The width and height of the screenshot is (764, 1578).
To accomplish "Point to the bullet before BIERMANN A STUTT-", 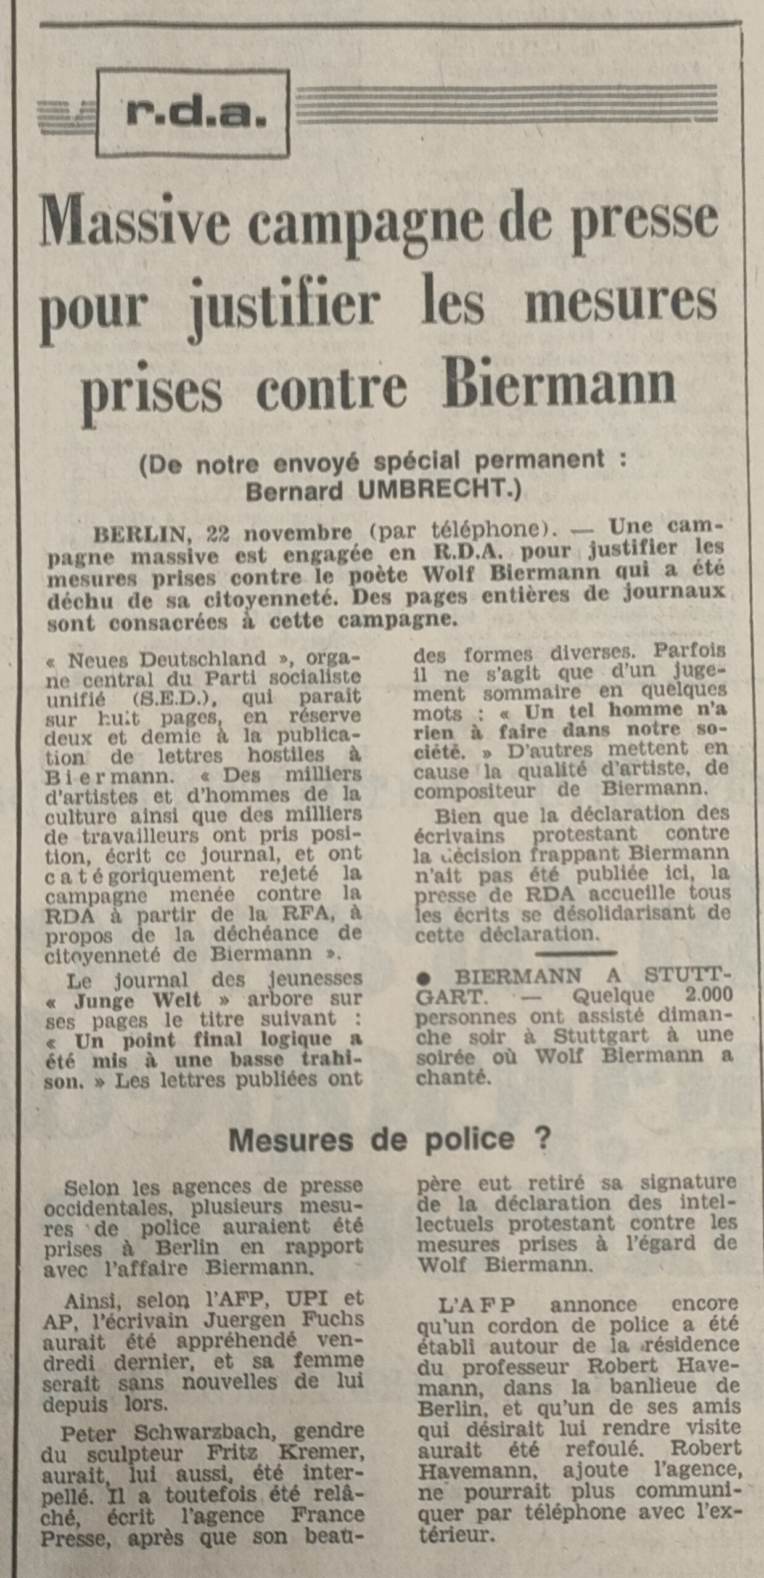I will pyautogui.click(x=424, y=976).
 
